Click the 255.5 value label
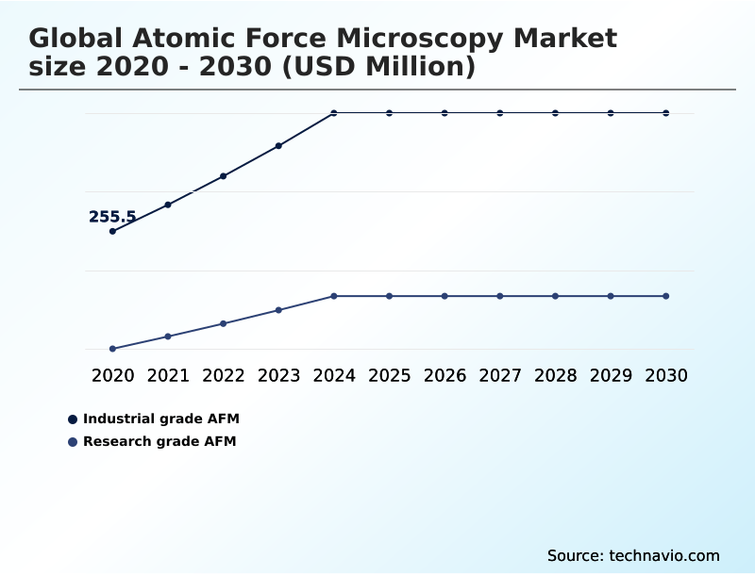tap(112, 217)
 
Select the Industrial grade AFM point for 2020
tap(113, 231)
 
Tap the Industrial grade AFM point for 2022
tap(224, 176)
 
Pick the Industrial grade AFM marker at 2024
tap(334, 113)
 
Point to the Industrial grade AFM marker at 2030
tap(666, 113)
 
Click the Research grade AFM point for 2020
tap(113, 349)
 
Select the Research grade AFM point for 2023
tap(278, 310)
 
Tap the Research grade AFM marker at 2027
tap(500, 296)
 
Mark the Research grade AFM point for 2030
tap(666, 296)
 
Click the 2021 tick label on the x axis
tap(168, 375)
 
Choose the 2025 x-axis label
tap(390, 375)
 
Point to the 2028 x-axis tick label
tap(556, 375)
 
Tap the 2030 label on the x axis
tap(666, 375)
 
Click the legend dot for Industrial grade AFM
tap(73, 419)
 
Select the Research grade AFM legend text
tap(159, 441)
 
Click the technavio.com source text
tap(664, 555)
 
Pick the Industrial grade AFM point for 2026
tap(445, 113)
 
